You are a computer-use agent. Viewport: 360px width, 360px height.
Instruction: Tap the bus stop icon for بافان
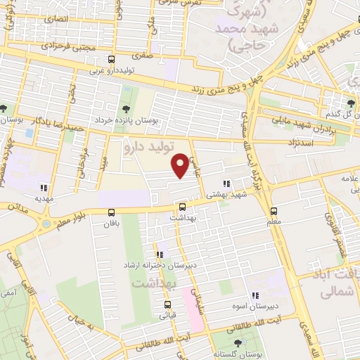(x=111, y=212)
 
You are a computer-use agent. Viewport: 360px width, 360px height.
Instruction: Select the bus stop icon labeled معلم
(x=274, y=210)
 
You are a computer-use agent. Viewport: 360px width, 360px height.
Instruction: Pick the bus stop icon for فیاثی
(x=167, y=304)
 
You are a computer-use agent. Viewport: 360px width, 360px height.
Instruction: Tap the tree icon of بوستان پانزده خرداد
(x=126, y=108)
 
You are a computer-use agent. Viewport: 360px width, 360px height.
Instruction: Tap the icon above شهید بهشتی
(x=226, y=184)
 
